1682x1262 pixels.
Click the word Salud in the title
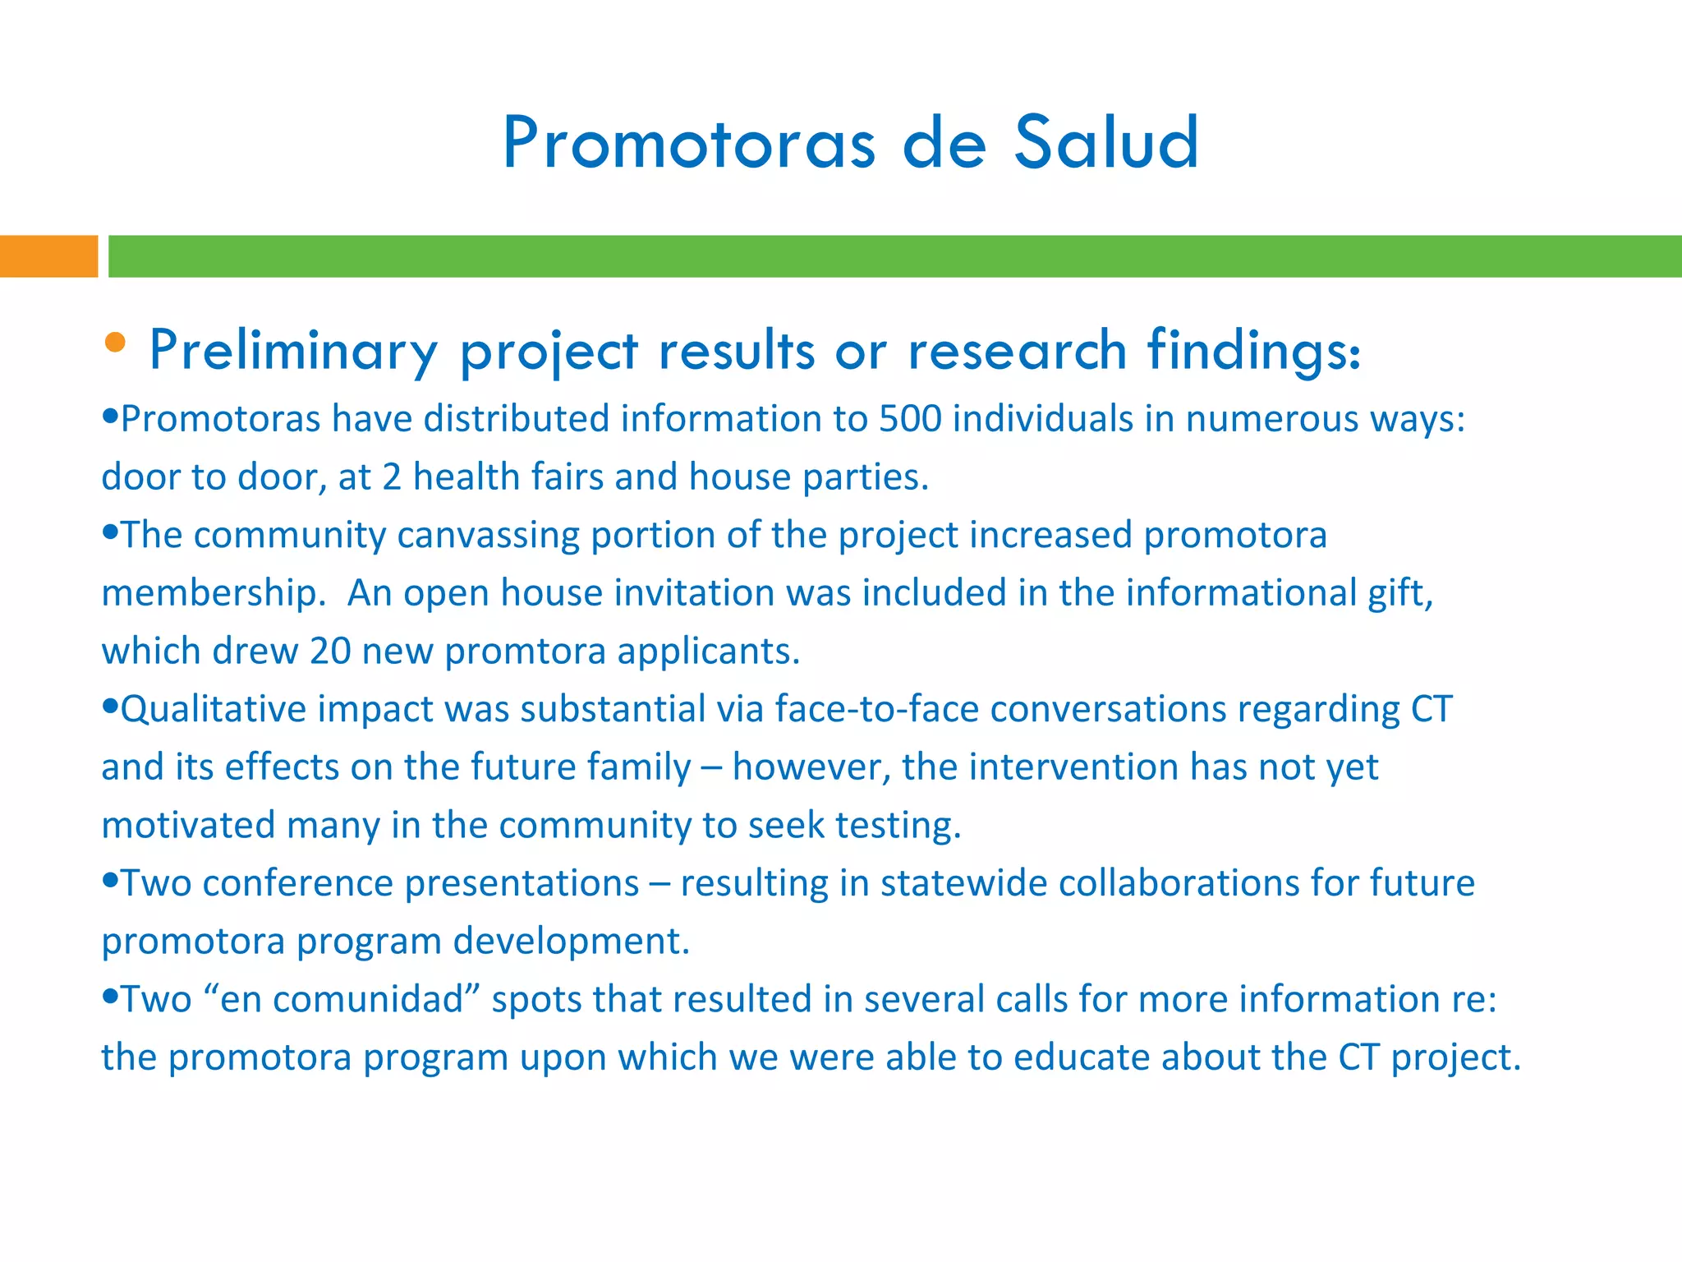coord(1106,143)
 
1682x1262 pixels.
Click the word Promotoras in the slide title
coord(688,145)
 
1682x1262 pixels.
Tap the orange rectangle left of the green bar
coord(48,256)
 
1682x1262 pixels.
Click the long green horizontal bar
coord(894,256)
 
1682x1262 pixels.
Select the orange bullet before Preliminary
coord(116,343)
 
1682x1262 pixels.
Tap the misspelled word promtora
coord(525,652)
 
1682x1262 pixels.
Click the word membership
coord(210,593)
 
